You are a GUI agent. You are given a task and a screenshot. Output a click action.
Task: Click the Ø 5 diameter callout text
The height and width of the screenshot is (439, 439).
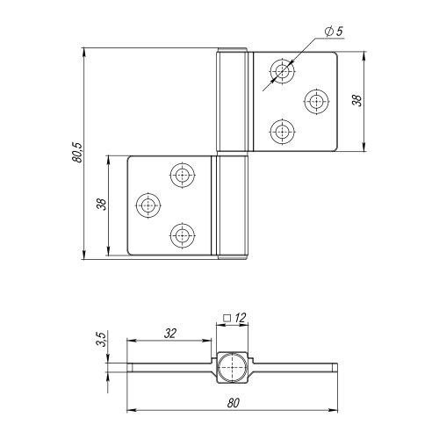coord(334,31)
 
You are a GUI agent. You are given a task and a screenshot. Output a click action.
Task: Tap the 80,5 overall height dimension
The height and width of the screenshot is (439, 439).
coord(78,153)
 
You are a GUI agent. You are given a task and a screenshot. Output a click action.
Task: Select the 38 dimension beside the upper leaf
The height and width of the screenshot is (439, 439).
coord(356,100)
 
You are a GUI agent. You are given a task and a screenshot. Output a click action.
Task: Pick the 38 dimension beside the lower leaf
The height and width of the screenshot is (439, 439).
coord(101,204)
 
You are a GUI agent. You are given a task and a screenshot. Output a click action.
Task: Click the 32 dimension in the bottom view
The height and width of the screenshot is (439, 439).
coord(169,334)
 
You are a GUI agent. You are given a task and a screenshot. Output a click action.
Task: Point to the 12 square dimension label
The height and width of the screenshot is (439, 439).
coord(241,318)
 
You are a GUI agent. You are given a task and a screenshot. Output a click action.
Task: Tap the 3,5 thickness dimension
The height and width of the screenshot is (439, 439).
coord(101,339)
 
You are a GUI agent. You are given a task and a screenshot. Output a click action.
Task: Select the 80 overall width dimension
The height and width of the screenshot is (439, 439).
coord(234,403)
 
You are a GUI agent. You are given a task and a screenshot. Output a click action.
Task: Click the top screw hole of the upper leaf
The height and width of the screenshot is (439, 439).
coord(282,71)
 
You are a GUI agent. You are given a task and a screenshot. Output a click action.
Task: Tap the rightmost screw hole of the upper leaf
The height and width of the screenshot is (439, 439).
coord(316,101)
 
